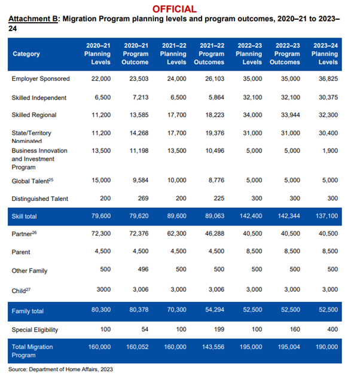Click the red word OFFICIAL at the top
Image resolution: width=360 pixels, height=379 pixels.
click(x=174, y=9)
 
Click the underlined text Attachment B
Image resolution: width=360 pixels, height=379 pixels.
click(x=33, y=19)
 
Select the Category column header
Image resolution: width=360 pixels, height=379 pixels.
click(x=26, y=54)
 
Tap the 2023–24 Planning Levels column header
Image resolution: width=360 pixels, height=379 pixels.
click(x=325, y=54)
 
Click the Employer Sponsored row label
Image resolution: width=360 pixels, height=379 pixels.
click(x=41, y=79)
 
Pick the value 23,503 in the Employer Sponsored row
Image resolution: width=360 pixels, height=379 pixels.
click(x=139, y=79)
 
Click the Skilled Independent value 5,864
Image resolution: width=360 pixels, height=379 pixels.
click(x=216, y=97)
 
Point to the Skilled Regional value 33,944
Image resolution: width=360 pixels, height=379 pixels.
click(x=291, y=115)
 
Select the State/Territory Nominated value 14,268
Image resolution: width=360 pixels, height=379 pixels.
click(x=139, y=133)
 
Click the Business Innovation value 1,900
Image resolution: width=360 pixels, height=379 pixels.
click(x=330, y=151)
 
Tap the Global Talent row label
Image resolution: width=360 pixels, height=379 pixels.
click(x=32, y=181)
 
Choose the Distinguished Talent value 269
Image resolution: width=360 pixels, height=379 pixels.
click(x=143, y=198)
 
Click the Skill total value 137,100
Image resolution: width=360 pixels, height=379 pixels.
click(x=327, y=216)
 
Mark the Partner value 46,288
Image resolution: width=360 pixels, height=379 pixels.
click(x=215, y=234)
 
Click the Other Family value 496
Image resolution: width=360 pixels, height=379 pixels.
click(x=143, y=269)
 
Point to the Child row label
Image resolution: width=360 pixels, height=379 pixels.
click(x=21, y=291)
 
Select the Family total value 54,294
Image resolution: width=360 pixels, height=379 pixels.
click(x=215, y=310)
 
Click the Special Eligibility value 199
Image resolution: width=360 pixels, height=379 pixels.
click(x=219, y=329)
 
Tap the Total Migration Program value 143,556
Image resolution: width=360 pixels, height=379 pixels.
click(x=213, y=347)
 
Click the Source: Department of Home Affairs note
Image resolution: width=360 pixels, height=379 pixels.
click(x=60, y=369)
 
